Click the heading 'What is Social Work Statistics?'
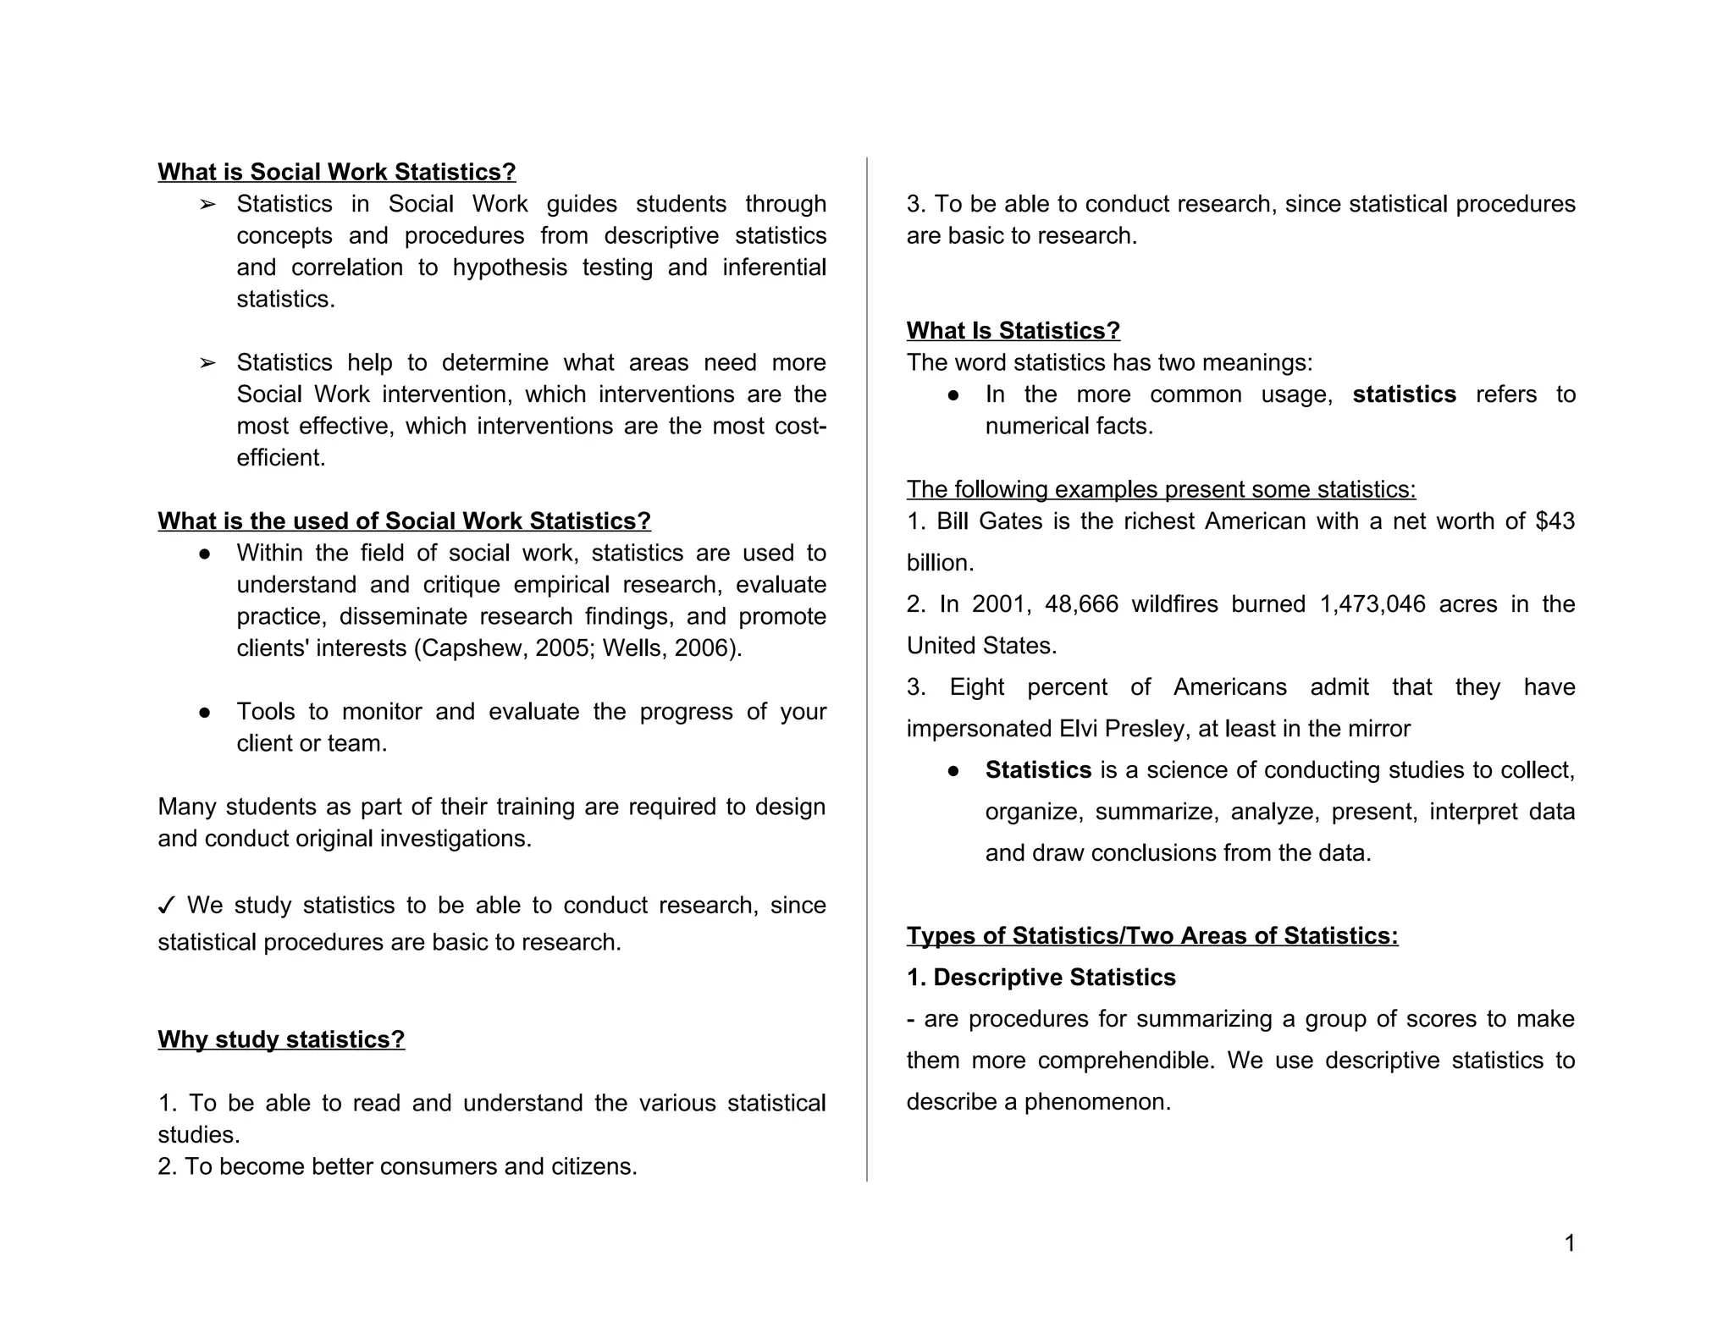(336, 172)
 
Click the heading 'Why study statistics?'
(281, 1039)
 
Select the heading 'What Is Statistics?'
(1013, 330)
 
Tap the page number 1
(1569, 1243)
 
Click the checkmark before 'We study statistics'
(167, 906)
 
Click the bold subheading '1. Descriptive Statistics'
(1041, 977)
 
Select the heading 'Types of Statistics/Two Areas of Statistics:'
(1151, 935)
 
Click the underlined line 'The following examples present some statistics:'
(1161, 489)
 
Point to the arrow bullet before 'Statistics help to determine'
(207, 363)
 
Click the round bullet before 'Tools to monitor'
(204, 712)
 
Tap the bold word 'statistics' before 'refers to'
(1404, 394)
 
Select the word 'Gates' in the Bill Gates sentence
(1010, 521)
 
